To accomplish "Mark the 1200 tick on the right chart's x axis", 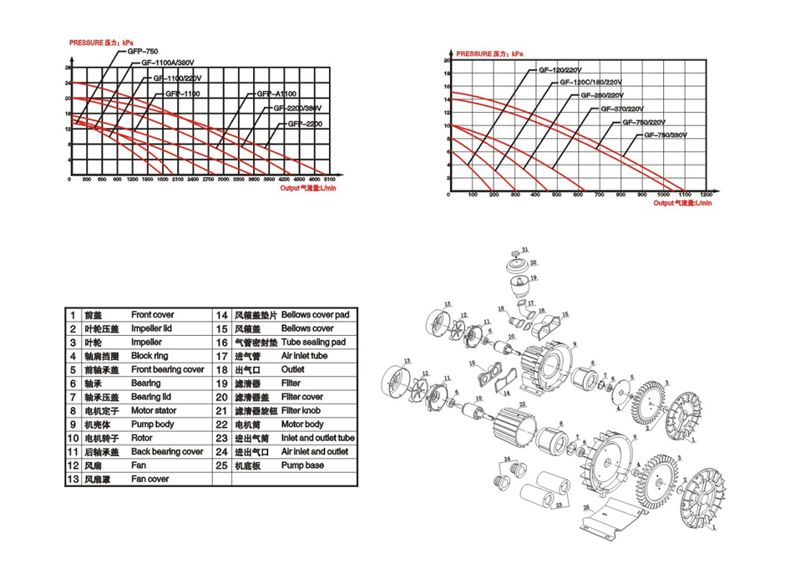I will pos(707,196).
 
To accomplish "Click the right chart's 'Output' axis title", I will pos(683,203).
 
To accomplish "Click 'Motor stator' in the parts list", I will pos(155,411).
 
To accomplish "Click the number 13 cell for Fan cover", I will pos(73,480).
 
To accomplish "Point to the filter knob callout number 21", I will pos(527,250).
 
